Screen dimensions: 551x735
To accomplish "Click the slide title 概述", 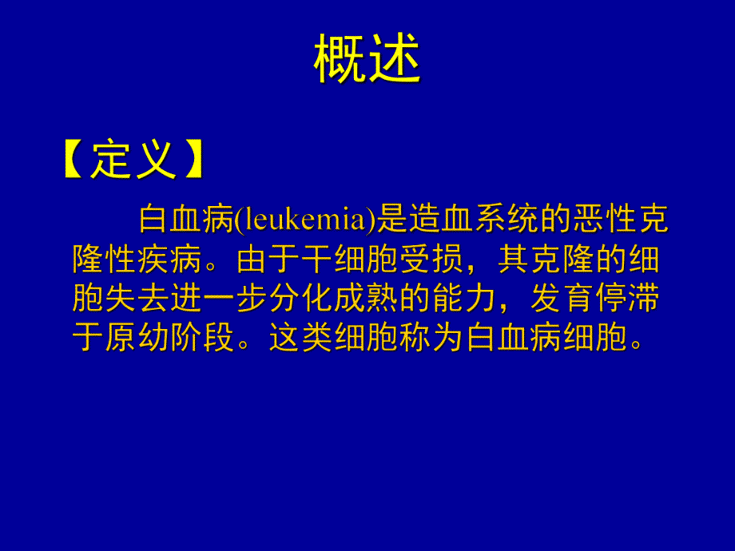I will pos(367,61).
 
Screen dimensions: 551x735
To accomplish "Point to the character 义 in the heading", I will pos(155,161).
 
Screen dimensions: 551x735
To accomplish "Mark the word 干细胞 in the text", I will pos(320,260).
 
